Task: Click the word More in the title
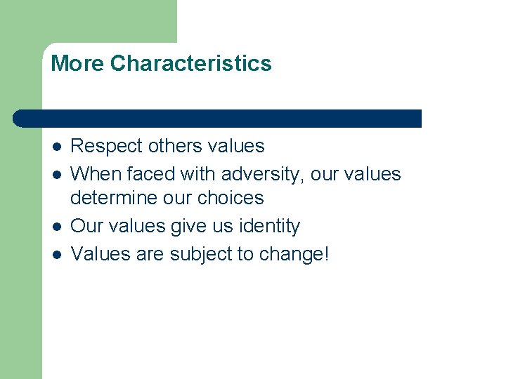pyautogui.click(x=77, y=64)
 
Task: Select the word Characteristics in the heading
pyautogui.click(x=190, y=64)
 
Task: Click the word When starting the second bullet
pyautogui.click(x=96, y=173)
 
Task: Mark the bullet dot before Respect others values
pyautogui.click(x=56, y=147)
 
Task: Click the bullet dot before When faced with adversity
pyautogui.click(x=56, y=174)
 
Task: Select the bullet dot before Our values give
pyautogui.click(x=56, y=227)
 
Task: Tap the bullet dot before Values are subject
pyautogui.click(x=56, y=254)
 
